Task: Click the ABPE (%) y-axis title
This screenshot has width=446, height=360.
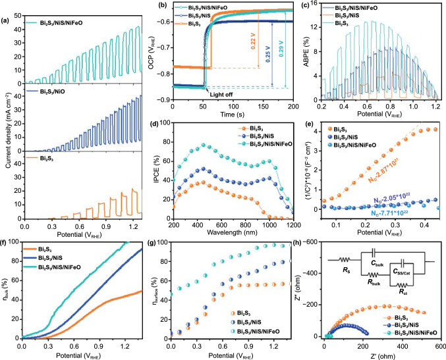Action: [x=302, y=53]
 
